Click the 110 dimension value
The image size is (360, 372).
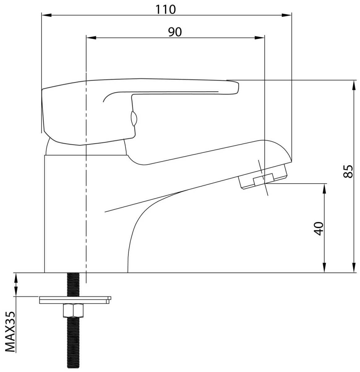165,9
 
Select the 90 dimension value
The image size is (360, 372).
175,32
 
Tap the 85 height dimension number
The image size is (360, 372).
348,171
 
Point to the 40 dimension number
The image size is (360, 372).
319,228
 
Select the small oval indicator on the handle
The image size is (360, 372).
134,119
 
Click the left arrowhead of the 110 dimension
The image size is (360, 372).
46,15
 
